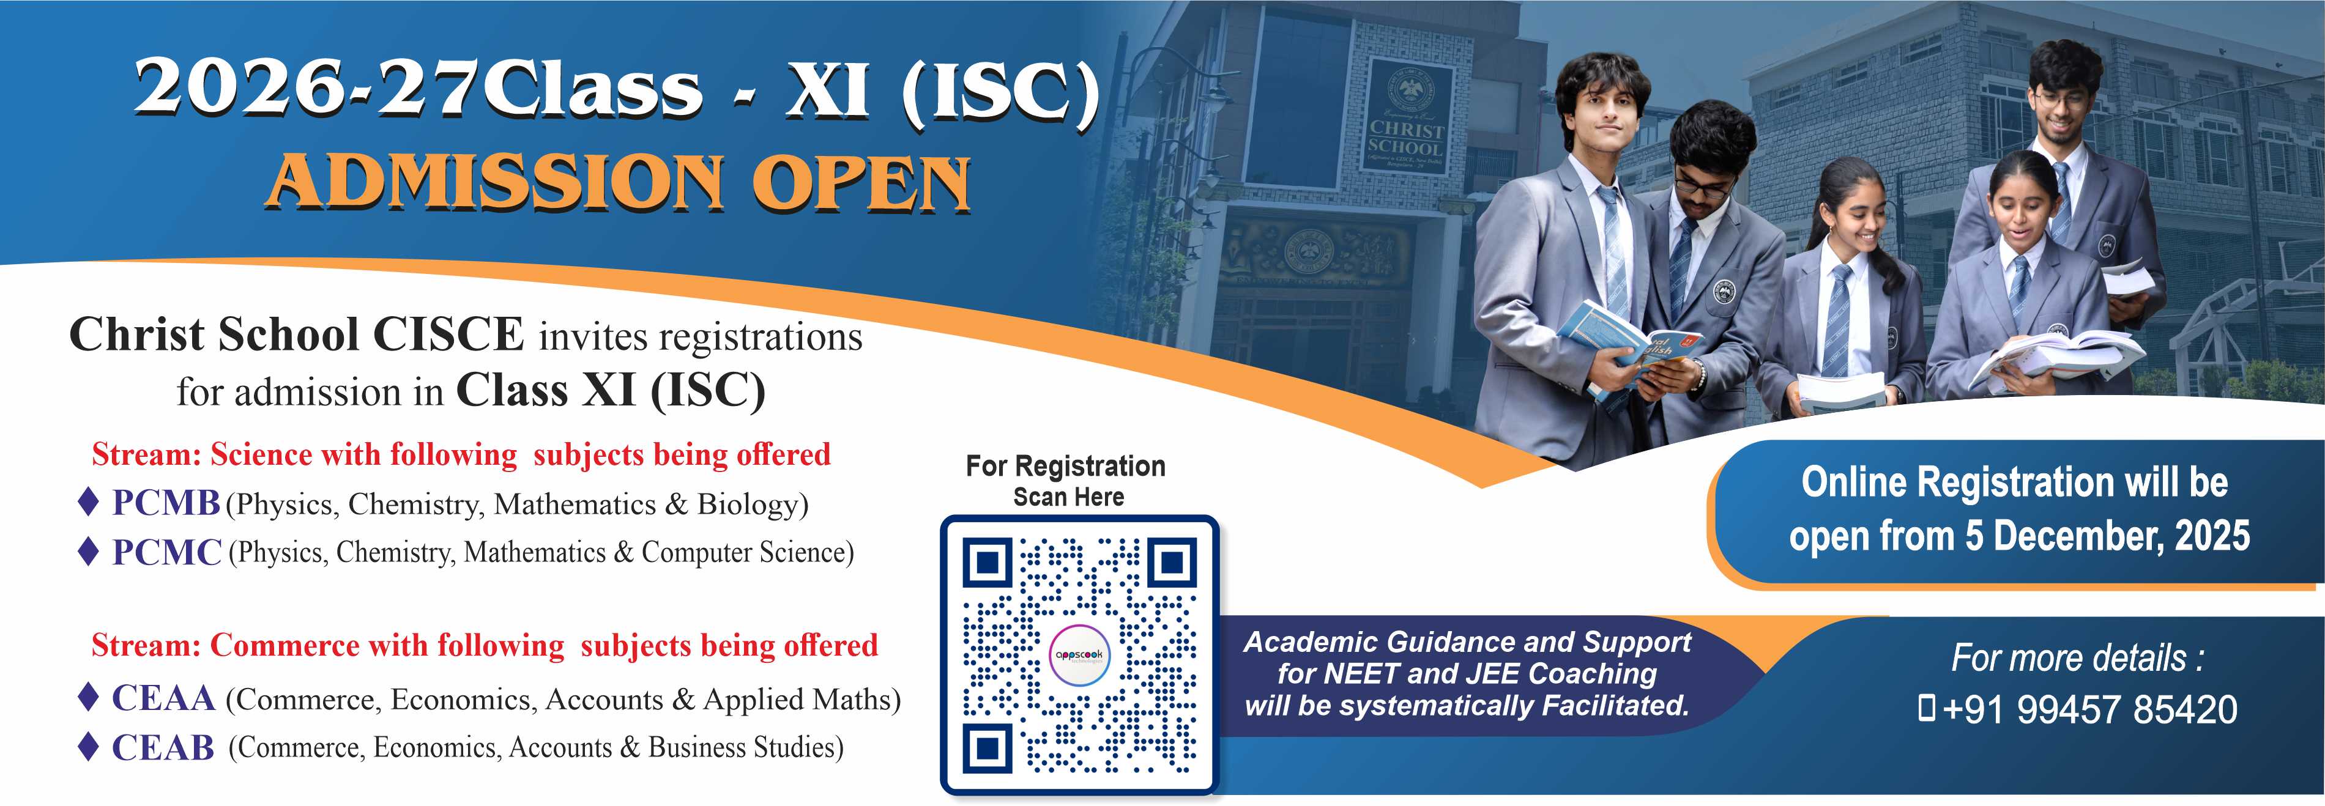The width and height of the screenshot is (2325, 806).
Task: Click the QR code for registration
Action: coord(1079,656)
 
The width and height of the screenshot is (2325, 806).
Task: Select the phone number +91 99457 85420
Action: coord(2089,709)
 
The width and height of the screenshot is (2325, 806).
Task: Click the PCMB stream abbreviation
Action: coord(166,503)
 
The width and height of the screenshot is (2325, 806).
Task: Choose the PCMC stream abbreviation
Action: coord(167,552)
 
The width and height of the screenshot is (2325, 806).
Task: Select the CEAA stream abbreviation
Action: coord(163,698)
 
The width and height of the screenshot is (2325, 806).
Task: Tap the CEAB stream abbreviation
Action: coord(163,747)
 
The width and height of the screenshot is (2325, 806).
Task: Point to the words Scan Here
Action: coord(1069,497)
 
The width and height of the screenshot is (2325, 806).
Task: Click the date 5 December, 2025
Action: coord(2107,535)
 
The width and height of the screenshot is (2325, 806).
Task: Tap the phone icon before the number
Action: coord(1926,709)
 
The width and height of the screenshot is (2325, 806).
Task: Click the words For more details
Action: coord(2077,658)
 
